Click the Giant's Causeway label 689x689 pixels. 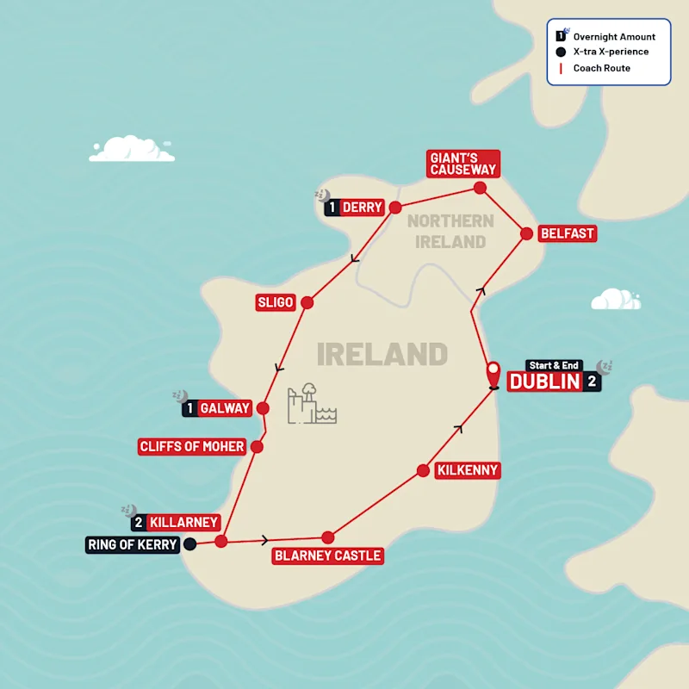click(x=462, y=164)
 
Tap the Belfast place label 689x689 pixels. click(x=567, y=233)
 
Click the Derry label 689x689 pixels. click(x=362, y=208)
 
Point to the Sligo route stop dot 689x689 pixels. click(x=307, y=302)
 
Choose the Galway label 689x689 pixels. click(x=225, y=408)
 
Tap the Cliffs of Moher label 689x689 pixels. click(x=192, y=447)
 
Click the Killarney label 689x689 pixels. click(x=183, y=522)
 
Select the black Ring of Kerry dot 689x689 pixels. click(x=190, y=543)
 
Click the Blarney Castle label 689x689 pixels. click(x=327, y=556)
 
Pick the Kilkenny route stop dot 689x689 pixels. click(x=423, y=470)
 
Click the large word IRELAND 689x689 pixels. click(x=382, y=354)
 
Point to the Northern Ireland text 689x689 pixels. click(x=450, y=232)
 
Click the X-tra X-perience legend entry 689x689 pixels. click(x=610, y=52)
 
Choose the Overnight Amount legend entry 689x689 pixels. click(x=613, y=37)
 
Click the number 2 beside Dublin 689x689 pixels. click(x=592, y=382)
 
